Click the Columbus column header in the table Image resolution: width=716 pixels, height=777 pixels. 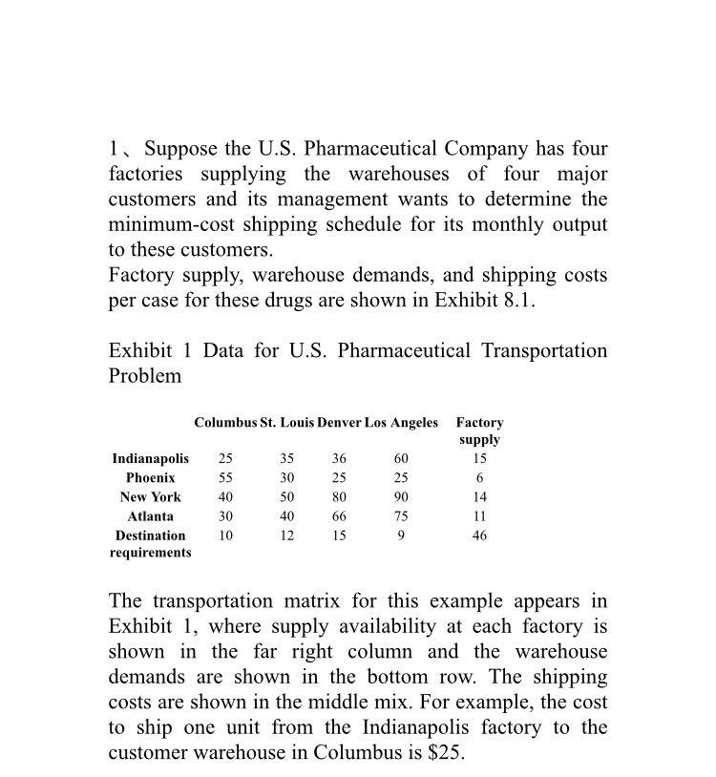tap(225, 422)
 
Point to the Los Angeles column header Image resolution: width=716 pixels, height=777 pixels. tap(401, 422)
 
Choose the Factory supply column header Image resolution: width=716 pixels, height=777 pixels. tap(479, 430)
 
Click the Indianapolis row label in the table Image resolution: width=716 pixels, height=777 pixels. tap(151, 459)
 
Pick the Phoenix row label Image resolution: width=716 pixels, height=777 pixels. tap(151, 477)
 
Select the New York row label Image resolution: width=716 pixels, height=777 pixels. tap(151, 497)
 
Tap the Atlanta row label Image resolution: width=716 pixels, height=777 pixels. tap(151, 516)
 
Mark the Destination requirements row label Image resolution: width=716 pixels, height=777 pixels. tap(151, 544)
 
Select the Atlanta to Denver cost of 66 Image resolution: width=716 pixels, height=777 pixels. tap(339, 516)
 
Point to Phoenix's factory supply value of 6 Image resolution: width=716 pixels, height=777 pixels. tap(479, 477)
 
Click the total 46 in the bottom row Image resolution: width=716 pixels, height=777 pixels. tap(479, 535)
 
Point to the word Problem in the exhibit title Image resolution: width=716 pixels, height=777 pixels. tap(145, 376)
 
